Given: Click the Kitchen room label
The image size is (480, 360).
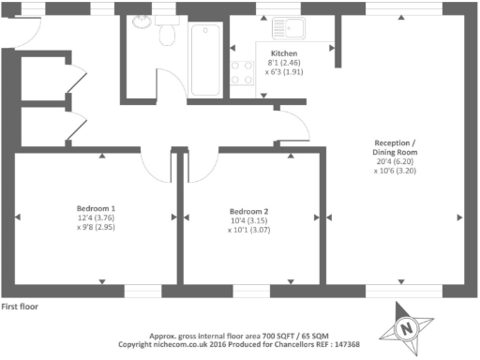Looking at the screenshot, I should click(284, 53).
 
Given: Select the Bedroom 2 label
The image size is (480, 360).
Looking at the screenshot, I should click(248, 211).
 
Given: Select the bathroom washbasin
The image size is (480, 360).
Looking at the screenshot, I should click(142, 23).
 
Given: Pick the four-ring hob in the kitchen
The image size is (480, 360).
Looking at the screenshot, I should click(243, 72).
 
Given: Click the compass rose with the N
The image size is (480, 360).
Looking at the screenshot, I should click(405, 328).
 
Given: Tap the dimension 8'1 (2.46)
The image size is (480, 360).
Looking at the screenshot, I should click(284, 63).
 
